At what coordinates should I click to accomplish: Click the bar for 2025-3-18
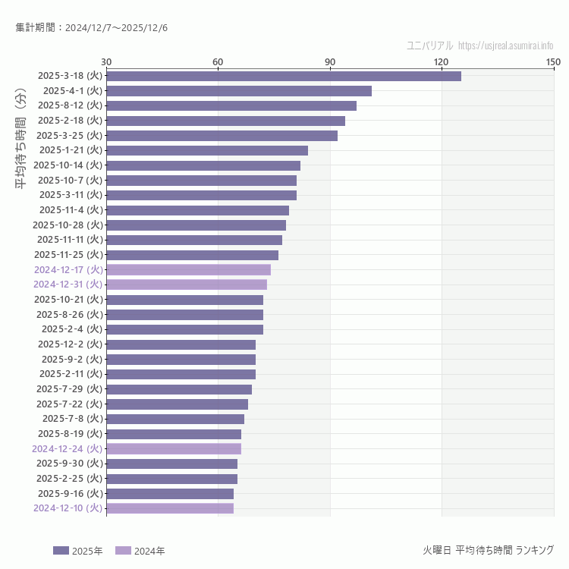pyautogui.click(x=284, y=76)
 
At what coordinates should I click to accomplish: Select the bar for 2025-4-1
pyautogui.click(x=239, y=91)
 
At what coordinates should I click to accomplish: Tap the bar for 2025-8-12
pyautogui.click(x=231, y=105)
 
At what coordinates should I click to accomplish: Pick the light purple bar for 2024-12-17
pyautogui.click(x=188, y=269)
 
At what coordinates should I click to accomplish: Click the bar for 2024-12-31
pyautogui.click(x=187, y=284)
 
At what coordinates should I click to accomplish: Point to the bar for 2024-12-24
pyautogui.click(x=174, y=448)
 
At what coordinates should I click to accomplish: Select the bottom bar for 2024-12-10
pyautogui.click(x=170, y=508)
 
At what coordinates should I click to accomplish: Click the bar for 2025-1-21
pyautogui.click(x=207, y=150)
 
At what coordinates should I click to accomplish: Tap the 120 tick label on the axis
pyautogui.click(x=442, y=61)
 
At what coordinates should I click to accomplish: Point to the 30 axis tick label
pyautogui.click(x=106, y=61)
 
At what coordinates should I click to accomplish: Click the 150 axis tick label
pyautogui.click(x=553, y=61)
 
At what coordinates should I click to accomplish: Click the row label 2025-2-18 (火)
pyautogui.click(x=70, y=121)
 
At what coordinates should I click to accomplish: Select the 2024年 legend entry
pyautogui.click(x=140, y=551)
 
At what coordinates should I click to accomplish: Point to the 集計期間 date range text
pyautogui.click(x=92, y=27)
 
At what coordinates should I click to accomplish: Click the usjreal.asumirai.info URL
pyautogui.click(x=506, y=46)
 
